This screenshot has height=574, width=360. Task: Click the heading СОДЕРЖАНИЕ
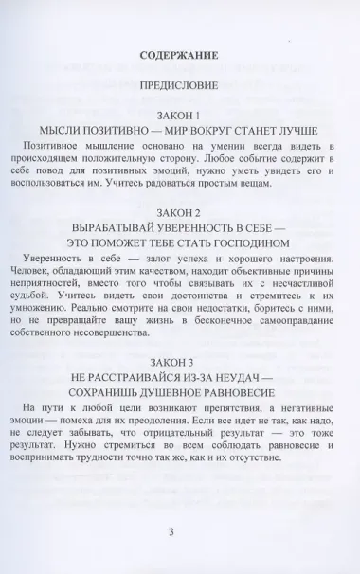(x=179, y=56)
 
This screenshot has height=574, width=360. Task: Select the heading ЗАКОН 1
(x=179, y=112)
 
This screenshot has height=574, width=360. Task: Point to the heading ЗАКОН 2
(x=179, y=212)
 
